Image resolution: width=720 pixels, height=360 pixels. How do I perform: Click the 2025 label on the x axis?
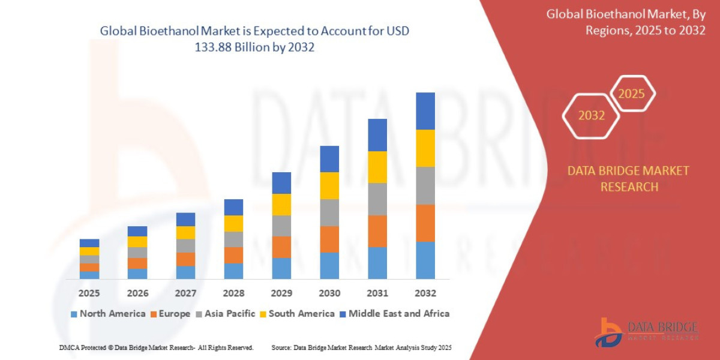click(89, 293)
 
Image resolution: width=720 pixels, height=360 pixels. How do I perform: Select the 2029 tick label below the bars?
click(281, 293)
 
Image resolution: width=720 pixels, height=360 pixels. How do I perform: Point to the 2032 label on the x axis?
click(425, 293)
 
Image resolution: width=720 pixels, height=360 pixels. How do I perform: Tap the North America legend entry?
click(108, 314)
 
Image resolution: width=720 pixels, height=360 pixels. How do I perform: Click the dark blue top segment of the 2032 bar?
click(425, 111)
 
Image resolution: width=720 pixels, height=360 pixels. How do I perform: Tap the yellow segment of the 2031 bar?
click(377, 167)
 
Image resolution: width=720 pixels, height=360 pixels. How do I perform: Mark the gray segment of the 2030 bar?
click(329, 212)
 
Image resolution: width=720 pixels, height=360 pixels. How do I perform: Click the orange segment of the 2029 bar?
click(281, 247)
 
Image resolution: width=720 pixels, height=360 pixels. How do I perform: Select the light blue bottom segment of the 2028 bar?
click(233, 271)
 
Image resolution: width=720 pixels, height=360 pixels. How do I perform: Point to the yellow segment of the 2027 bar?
click(185, 232)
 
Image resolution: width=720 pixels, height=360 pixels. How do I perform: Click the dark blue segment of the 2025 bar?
click(89, 243)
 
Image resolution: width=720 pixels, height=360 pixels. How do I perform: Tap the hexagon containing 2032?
click(591, 116)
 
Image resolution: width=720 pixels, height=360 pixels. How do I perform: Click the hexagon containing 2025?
click(631, 94)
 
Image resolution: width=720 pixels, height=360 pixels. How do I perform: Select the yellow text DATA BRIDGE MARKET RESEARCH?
click(628, 179)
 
